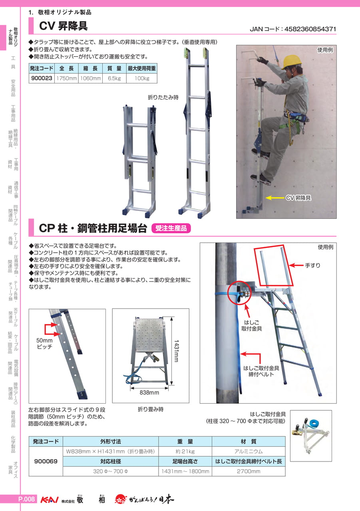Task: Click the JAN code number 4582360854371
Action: (310, 29)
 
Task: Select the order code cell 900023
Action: (42, 78)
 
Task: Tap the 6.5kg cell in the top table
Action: (114, 78)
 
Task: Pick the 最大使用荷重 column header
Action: (141, 68)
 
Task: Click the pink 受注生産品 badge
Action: (171, 228)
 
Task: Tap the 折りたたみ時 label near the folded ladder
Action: (163, 97)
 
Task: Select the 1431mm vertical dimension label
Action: (176, 351)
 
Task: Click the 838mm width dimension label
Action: (149, 392)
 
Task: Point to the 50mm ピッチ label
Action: (44, 343)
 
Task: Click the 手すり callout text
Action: (313, 265)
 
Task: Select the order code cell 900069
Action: (46, 461)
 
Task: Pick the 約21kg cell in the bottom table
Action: (185, 451)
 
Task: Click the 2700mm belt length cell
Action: (249, 471)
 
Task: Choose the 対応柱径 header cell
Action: (111, 461)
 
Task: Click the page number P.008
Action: (26, 499)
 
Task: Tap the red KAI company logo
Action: (49, 500)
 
